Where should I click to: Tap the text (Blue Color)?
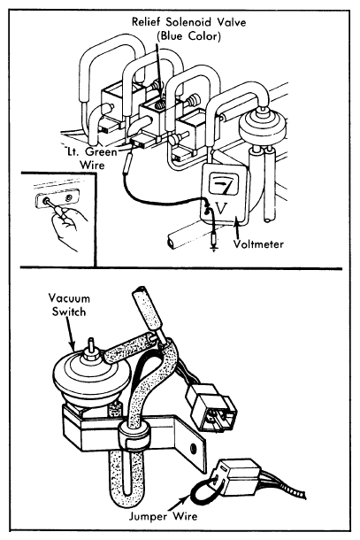click(x=188, y=35)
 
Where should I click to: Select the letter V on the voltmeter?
click(x=221, y=208)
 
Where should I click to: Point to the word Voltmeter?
click(x=258, y=244)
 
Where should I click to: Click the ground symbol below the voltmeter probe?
click(x=214, y=248)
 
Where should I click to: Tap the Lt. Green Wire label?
click(x=92, y=158)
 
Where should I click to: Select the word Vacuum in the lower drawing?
click(x=69, y=298)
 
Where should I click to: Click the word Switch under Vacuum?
click(x=68, y=312)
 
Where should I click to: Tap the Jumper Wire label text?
click(x=163, y=516)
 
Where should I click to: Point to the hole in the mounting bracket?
click(x=193, y=448)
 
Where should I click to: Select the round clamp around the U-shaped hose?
click(x=135, y=436)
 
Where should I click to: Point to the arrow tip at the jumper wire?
click(x=189, y=497)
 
